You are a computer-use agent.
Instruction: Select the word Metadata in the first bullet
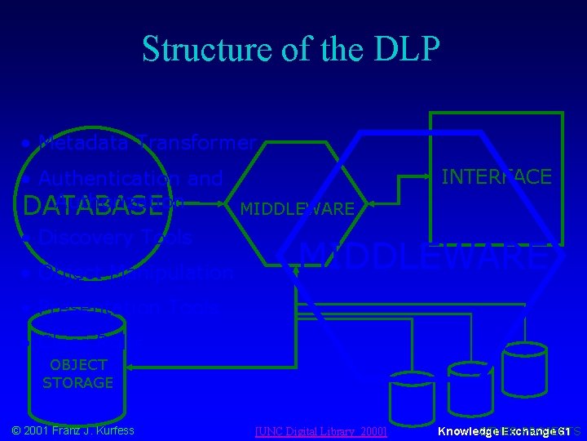85,145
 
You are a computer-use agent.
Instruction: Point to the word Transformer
196,145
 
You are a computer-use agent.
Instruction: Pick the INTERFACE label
496,176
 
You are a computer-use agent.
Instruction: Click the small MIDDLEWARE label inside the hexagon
297,209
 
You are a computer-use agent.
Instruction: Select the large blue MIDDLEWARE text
421,256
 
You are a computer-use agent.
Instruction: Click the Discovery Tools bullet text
115,238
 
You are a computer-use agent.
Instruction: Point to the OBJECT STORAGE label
77,373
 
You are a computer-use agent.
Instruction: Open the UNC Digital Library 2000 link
320,430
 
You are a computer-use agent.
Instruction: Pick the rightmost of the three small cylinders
523,370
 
